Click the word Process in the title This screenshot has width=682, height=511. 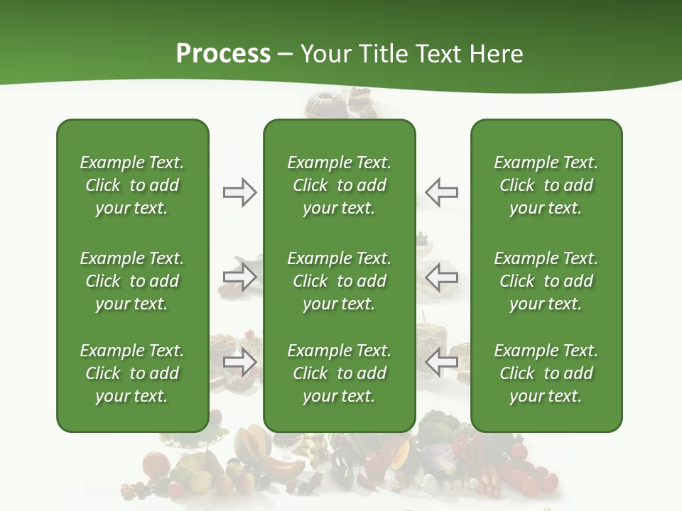pos(223,54)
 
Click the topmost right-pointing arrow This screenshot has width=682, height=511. pos(239,192)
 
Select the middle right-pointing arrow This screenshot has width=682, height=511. pos(239,277)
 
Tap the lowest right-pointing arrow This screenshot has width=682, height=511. pos(239,362)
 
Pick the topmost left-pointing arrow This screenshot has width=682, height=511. pos(441,192)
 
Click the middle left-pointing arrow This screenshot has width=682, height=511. pos(441,277)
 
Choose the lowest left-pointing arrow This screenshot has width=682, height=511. pos(441,362)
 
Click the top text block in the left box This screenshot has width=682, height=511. pos(132,185)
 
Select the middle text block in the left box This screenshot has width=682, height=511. pos(132,281)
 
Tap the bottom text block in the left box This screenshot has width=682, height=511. pos(132,373)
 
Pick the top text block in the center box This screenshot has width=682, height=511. pos(339,185)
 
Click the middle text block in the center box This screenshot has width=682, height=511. pos(339,281)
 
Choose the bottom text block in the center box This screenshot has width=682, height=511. pos(339,373)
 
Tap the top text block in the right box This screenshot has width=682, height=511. pos(546,185)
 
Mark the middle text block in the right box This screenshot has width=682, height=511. pos(546,281)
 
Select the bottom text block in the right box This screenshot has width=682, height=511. pos(546,373)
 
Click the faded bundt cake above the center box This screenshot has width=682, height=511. pos(323,105)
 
